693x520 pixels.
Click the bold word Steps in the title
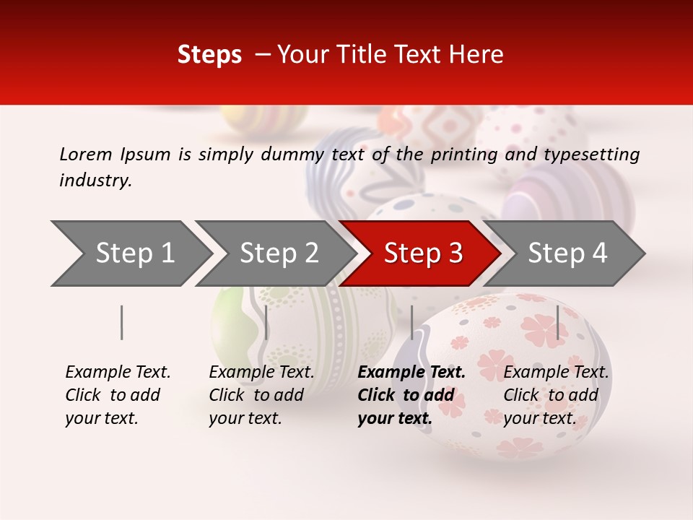(x=209, y=55)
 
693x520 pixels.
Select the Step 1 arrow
(x=130, y=253)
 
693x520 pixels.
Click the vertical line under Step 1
(x=122, y=322)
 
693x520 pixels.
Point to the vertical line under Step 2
(x=266, y=322)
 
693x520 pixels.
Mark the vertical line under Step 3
(x=411, y=322)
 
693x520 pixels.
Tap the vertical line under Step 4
(x=557, y=322)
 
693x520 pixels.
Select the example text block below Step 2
(x=261, y=395)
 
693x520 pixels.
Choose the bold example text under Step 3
(x=411, y=395)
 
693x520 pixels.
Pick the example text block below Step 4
(x=556, y=395)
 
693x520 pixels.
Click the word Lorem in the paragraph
(x=86, y=155)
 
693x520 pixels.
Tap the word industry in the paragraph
(x=95, y=181)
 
